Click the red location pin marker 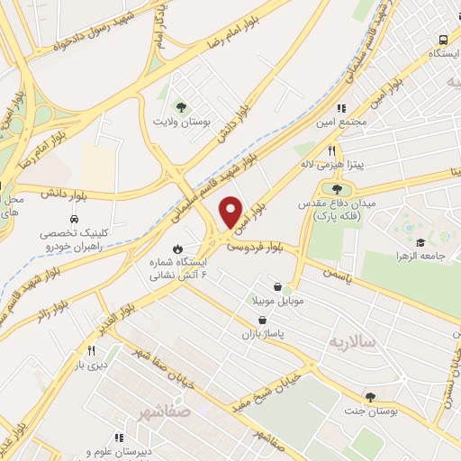point(231,212)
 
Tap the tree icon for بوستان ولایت point(180,106)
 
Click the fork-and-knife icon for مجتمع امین point(342,108)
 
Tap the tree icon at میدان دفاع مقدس point(337,189)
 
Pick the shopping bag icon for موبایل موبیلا point(289,287)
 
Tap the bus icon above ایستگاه point(442,40)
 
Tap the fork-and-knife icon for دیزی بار point(91,350)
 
